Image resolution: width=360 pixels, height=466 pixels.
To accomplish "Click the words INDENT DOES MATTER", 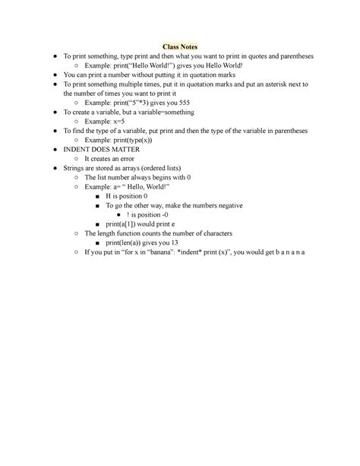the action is (x=100, y=149).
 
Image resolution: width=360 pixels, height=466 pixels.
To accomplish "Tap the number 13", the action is (x=176, y=242).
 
